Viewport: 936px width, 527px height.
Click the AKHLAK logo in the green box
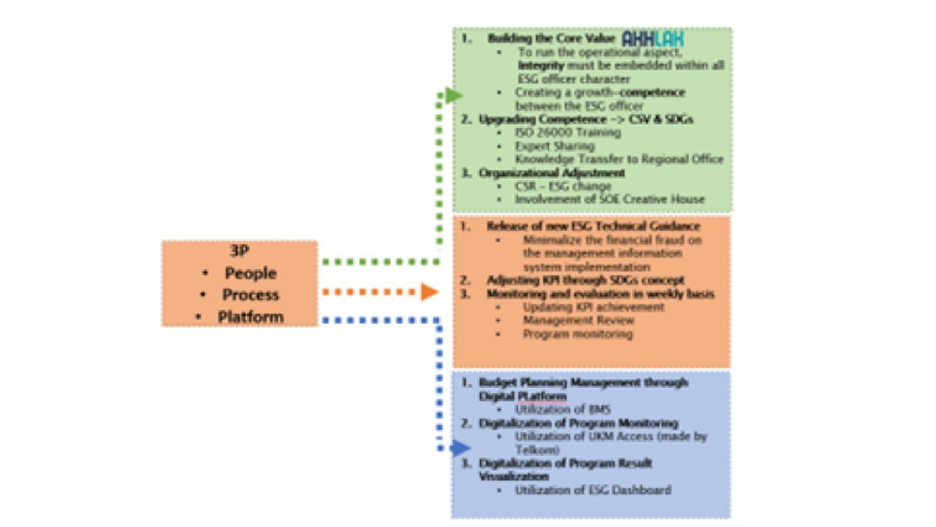coord(652,39)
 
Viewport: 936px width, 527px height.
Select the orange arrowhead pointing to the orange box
coord(429,291)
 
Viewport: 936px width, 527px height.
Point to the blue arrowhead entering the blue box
coord(460,449)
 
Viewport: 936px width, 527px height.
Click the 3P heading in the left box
coord(239,251)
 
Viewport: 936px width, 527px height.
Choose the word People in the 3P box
coord(250,273)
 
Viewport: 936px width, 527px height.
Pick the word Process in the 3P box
coord(250,295)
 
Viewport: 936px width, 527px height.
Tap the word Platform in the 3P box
coord(250,317)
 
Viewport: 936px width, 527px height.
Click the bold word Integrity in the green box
coord(541,66)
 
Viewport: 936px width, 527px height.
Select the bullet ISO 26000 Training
coord(567,132)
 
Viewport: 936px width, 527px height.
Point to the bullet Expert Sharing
coord(554,146)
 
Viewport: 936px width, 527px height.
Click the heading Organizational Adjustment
coord(552,173)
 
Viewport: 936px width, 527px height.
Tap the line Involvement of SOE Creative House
coord(610,199)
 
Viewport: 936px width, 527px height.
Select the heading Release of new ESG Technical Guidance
coord(593,226)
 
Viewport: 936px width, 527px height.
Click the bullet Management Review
coord(578,320)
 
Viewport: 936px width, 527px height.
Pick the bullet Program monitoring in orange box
coord(577,334)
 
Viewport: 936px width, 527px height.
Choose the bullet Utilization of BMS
coord(562,409)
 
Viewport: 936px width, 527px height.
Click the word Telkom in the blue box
coord(537,450)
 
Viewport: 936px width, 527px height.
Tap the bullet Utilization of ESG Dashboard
coord(593,490)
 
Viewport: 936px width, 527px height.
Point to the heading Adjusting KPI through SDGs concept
coord(585,280)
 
